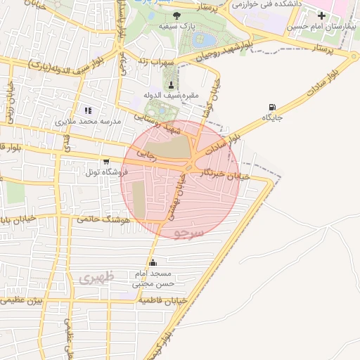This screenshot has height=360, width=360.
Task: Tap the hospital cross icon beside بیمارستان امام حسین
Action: [x=322, y=15]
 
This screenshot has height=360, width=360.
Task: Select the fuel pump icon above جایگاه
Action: [x=272, y=108]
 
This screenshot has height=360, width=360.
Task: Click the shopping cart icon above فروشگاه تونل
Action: [x=106, y=162]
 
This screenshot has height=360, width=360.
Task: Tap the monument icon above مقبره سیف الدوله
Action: [x=171, y=85]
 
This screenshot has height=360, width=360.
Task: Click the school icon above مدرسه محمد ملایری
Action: [x=88, y=110]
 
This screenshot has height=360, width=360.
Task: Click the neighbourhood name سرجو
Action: [x=191, y=231]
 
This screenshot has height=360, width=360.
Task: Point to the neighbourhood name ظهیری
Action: [x=96, y=278]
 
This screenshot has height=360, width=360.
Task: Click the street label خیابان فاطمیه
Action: [x=162, y=300]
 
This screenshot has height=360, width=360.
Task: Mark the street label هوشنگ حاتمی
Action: [x=106, y=219]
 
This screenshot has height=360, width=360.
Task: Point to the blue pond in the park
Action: [x=200, y=39]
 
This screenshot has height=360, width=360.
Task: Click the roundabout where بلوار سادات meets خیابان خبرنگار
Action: [x=191, y=165]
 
